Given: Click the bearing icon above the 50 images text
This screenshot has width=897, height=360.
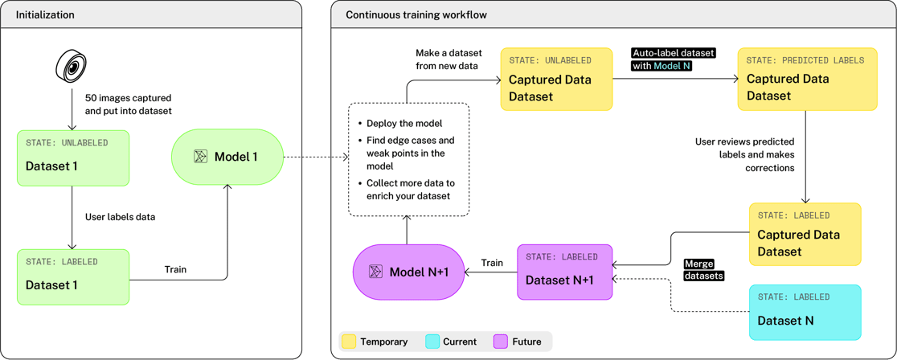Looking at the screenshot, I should [x=71, y=65].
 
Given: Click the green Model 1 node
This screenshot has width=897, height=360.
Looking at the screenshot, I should [x=227, y=157].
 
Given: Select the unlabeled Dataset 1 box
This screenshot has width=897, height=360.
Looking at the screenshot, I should [x=73, y=158].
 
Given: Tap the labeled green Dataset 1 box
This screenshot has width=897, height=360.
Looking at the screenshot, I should [x=73, y=276].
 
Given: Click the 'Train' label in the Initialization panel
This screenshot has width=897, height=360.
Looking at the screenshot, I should [x=175, y=269].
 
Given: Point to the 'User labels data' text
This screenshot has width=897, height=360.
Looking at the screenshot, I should [x=120, y=217].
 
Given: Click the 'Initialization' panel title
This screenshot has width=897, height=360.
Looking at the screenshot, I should [x=45, y=15].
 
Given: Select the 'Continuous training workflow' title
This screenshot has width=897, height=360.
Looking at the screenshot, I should [x=416, y=15].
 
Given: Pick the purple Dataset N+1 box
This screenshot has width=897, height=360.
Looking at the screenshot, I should [x=564, y=272].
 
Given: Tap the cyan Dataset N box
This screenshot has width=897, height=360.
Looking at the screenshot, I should [x=805, y=313].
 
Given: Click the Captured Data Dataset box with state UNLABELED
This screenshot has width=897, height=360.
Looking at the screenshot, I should [x=556, y=80].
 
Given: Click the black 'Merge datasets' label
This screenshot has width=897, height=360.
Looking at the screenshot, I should [x=703, y=270].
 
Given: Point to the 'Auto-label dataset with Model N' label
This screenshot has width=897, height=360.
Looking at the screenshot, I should [x=673, y=59].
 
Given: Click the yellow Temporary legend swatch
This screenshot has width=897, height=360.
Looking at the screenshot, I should [x=349, y=342].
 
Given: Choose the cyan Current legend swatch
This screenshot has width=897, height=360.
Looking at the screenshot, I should [x=432, y=342].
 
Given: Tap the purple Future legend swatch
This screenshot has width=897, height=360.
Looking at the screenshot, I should [x=500, y=342].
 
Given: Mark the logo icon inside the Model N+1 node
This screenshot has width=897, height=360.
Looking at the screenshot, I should [x=375, y=272].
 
